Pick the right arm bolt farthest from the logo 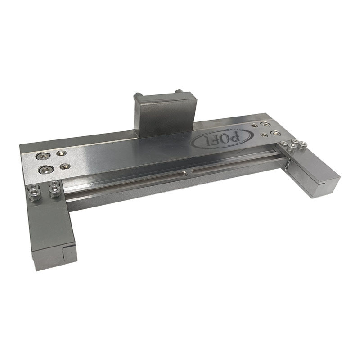coord(303,144)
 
